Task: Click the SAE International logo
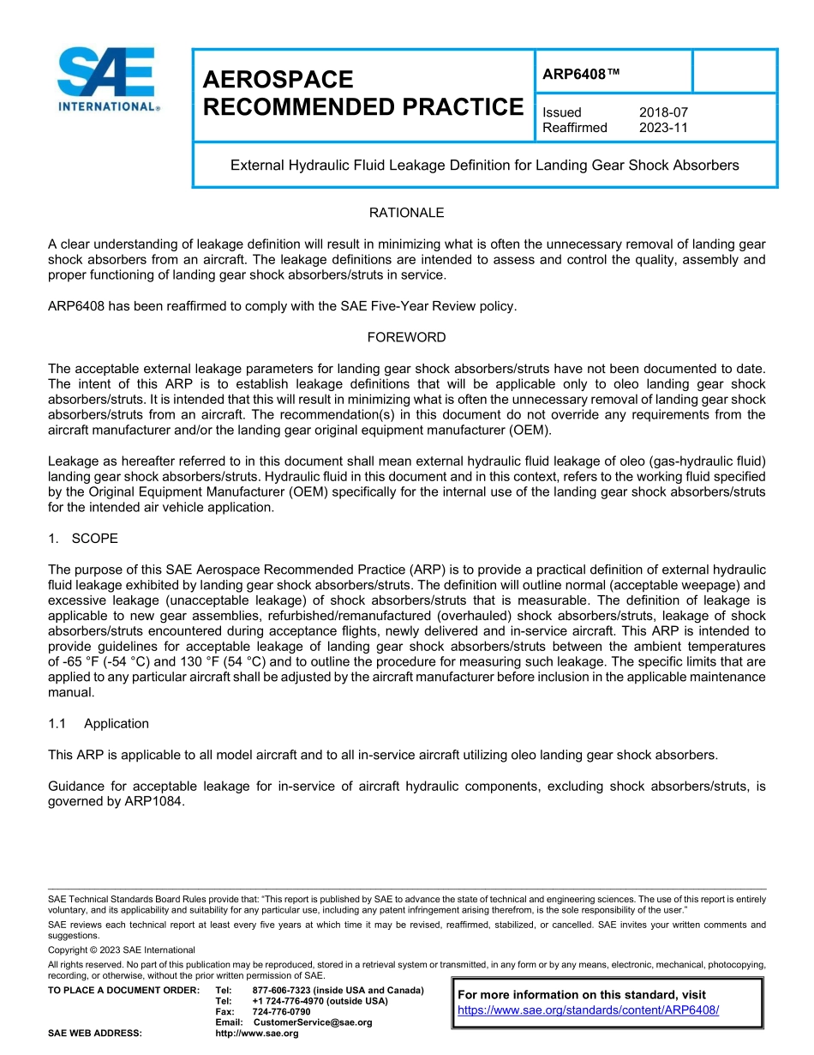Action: coord(108,79)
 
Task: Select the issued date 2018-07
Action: coord(663,112)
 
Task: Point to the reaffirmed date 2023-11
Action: coord(663,128)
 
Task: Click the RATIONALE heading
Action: coord(406,213)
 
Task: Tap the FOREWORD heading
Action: coord(406,337)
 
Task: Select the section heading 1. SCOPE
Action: coord(83,539)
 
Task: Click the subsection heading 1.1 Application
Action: coord(99,723)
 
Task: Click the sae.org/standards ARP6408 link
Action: coord(588,1010)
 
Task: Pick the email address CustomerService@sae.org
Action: coord(313,1022)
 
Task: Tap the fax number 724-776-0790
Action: coord(281,1011)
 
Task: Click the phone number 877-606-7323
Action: coord(283,990)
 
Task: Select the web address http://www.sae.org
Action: coord(256,1034)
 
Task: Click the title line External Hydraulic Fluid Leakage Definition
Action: coord(484,165)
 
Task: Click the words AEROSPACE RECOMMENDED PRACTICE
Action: coord(362,93)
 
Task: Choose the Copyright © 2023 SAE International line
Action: coord(122,949)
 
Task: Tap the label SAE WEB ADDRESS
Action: coord(95,1034)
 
